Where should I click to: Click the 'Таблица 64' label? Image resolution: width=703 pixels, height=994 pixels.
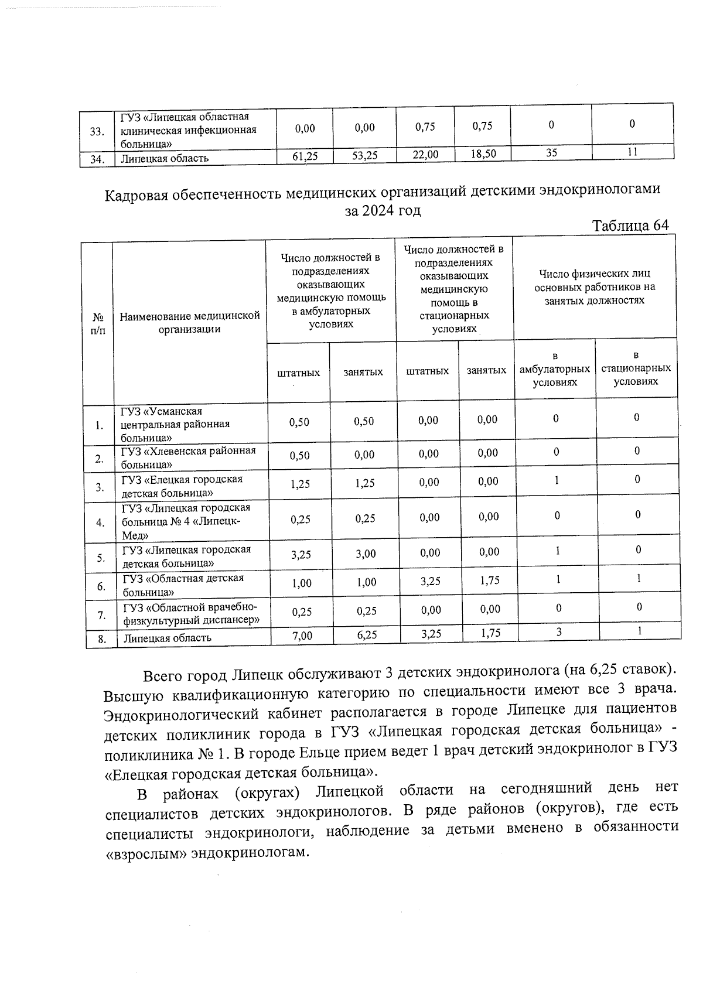630,226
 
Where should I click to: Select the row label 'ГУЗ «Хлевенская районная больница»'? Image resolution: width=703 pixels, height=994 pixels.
188,457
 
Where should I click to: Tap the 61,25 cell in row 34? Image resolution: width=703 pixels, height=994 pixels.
304,156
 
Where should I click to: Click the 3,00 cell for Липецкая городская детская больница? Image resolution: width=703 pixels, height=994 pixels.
365,554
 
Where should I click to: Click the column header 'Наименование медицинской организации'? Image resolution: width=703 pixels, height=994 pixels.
189,322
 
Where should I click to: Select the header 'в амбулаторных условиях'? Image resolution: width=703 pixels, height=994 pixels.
554,369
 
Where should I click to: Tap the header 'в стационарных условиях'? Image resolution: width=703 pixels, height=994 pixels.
636,368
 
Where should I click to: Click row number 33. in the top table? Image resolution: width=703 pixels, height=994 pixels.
97,131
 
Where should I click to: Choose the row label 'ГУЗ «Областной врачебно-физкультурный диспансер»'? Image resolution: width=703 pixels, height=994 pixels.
191,613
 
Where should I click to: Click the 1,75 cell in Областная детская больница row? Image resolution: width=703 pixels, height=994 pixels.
488,580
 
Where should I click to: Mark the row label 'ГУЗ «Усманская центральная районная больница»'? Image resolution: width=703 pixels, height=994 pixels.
176,424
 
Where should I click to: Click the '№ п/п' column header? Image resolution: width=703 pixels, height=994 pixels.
98,323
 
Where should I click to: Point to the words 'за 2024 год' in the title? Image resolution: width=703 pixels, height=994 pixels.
383,210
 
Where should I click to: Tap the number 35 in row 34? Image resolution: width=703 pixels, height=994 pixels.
551,152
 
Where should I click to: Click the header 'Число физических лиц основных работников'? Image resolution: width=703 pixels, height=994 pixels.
594,287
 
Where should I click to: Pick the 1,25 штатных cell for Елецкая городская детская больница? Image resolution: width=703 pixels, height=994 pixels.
300,484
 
